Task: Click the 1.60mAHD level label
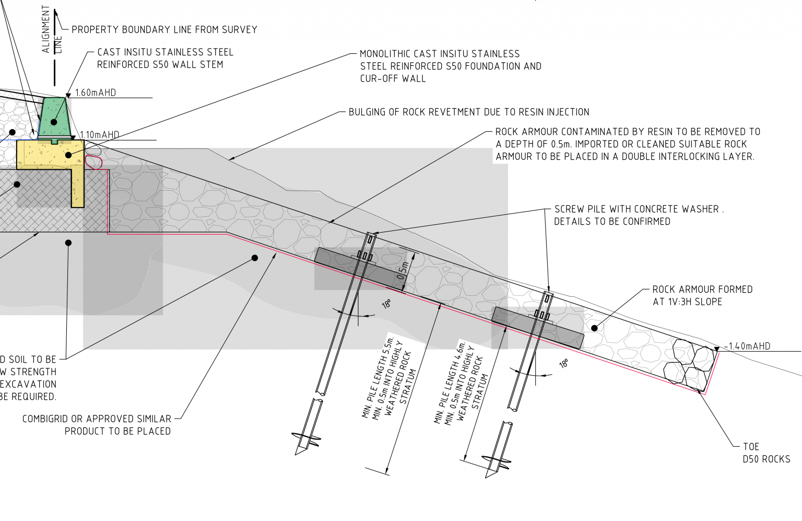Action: pyautogui.click(x=96, y=93)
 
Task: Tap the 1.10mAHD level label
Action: pyautogui.click(x=99, y=135)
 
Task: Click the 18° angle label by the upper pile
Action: pyautogui.click(x=386, y=304)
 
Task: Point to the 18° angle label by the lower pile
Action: pyautogui.click(x=564, y=364)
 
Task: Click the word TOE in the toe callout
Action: pyautogui.click(x=751, y=447)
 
